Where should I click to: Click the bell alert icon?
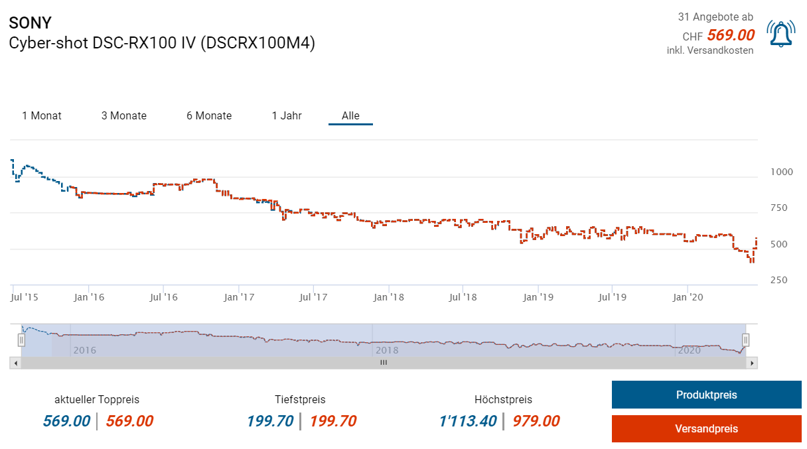[781, 33]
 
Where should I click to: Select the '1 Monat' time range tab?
[42, 115]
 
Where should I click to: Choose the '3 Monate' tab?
[124, 115]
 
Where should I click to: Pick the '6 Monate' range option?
[209, 115]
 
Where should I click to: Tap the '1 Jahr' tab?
[287, 115]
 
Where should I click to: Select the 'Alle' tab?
[350, 115]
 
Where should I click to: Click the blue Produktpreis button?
[706, 395]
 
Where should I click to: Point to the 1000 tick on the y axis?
[781, 172]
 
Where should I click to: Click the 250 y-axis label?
[778, 281]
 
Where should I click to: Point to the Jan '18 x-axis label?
[389, 297]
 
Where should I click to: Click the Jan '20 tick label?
[688, 297]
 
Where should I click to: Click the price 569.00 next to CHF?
[731, 35]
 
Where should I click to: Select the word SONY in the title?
[30, 23]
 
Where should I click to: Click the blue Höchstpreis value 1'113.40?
[467, 421]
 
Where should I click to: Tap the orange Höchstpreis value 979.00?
[536, 421]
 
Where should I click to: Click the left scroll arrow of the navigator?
[14, 363]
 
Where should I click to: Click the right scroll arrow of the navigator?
[751, 363]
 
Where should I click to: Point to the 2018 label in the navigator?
[386, 350]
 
